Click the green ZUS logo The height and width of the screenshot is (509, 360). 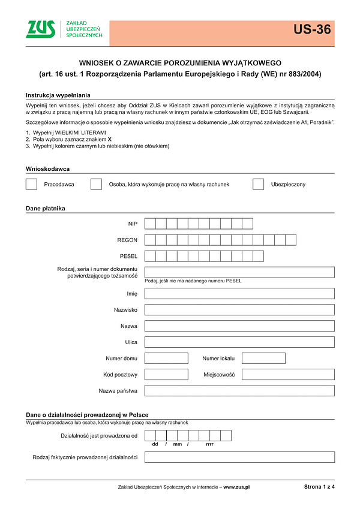click(x=40, y=29)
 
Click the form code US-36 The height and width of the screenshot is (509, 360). click(x=312, y=29)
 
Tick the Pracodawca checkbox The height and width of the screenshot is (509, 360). click(x=32, y=184)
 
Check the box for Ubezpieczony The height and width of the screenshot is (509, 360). click(x=259, y=184)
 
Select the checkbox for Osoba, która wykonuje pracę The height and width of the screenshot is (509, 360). click(x=96, y=184)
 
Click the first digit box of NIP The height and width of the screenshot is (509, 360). click(x=151, y=224)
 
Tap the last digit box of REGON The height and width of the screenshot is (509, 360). click(x=291, y=240)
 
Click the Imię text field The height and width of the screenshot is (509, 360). click(x=239, y=294)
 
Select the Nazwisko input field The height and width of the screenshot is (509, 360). click(x=239, y=310)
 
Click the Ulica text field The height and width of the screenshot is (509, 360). click(x=239, y=342)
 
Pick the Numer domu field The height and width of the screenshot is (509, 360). click(x=166, y=359)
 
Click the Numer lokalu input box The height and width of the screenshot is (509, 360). click(x=263, y=359)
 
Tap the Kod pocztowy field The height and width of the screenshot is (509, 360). click(x=166, y=375)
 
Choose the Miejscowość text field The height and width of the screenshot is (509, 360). click(x=288, y=375)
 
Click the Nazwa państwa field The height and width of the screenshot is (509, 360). click(x=239, y=391)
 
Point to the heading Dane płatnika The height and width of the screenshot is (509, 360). click(x=46, y=209)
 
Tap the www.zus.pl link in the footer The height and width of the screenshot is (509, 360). click(x=236, y=487)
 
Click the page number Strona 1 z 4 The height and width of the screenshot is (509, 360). click(x=319, y=487)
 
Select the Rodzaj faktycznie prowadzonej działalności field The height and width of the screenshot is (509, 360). click(x=239, y=457)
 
